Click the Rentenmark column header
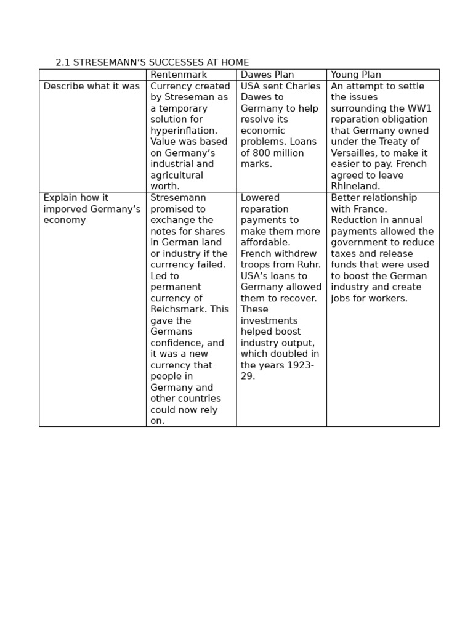pyautogui.click(x=179, y=75)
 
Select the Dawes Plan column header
pyautogui.click(x=267, y=75)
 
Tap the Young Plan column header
pyautogui.click(x=356, y=75)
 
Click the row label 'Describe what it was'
pyautogui.click(x=92, y=86)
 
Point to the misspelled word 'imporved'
pyautogui.click(x=67, y=209)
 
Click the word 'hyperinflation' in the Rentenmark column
pyautogui.click(x=183, y=131)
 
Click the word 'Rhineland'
pyautogui.click(x=355, y=186)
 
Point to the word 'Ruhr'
pyautogui.click(x=307, y=254)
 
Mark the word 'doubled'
pyautogui.click(x=289, y=354)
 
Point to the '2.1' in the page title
pyautogui.click(x=63, y=63)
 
